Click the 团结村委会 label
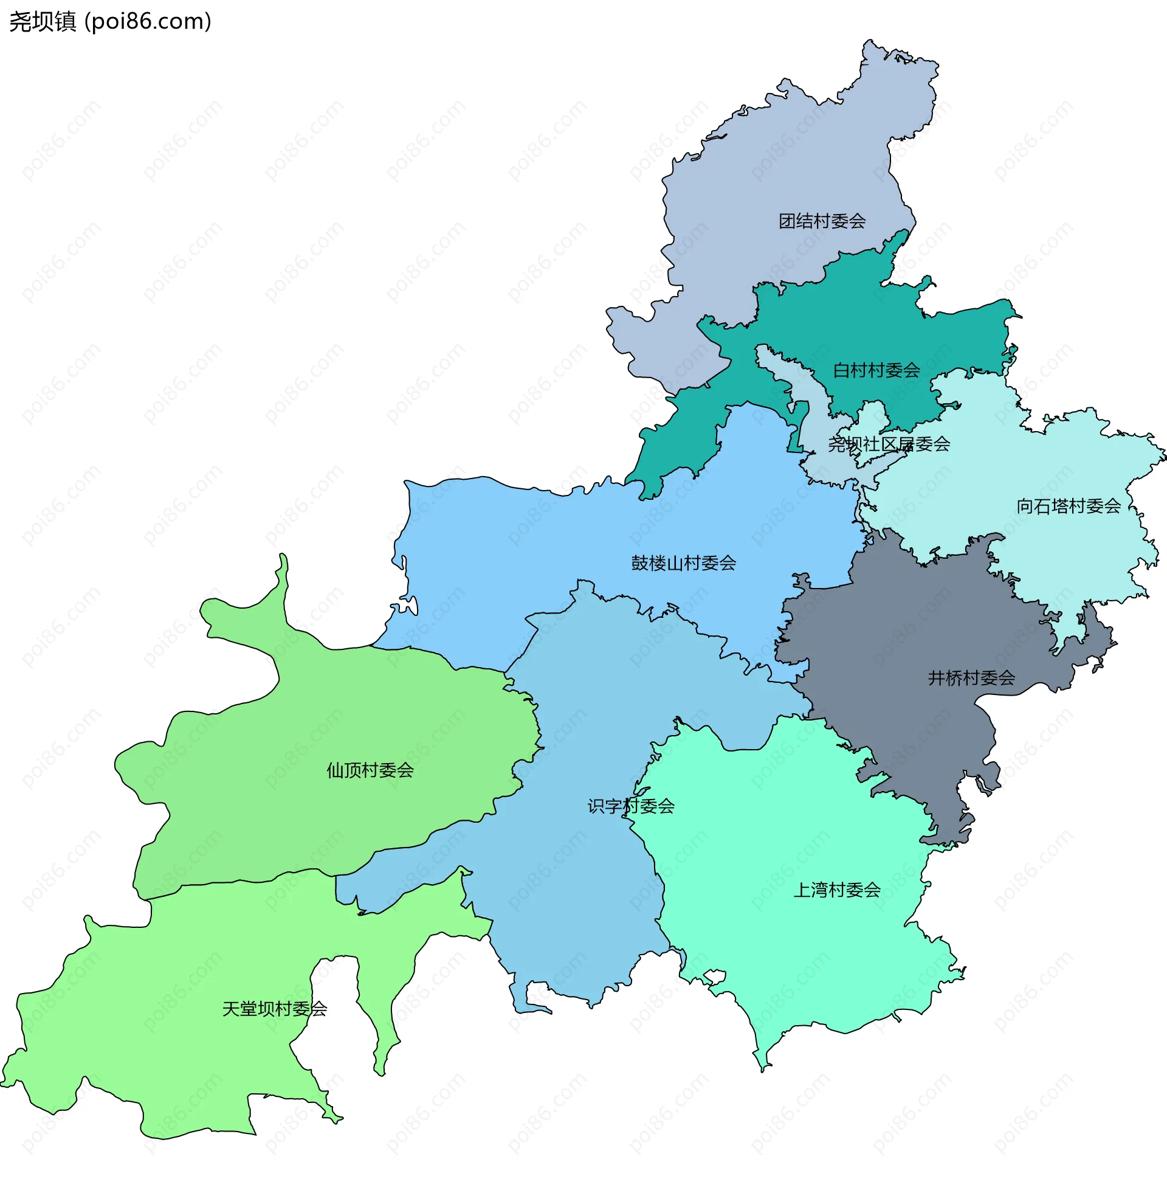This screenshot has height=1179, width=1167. coord(822,221)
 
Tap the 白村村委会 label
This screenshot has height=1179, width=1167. coord(876,370)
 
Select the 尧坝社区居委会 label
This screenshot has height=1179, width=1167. coord(888,444)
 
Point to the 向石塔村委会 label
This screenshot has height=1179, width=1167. coord(1068,506)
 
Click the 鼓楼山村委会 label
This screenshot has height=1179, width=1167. coord(683,562)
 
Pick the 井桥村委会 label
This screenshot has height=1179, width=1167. coord(971,678)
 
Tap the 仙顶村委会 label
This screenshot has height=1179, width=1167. coord(370,770)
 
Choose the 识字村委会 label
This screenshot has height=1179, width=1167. coord(631,806)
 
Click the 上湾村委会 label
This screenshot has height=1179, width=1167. coord(836,890)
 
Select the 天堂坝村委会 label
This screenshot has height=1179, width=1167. coord(275,1009)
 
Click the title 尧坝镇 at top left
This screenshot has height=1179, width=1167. coord(43,21)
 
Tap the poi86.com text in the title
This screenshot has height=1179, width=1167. coord(148,21)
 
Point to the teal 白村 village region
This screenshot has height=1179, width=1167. coord(854,317)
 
